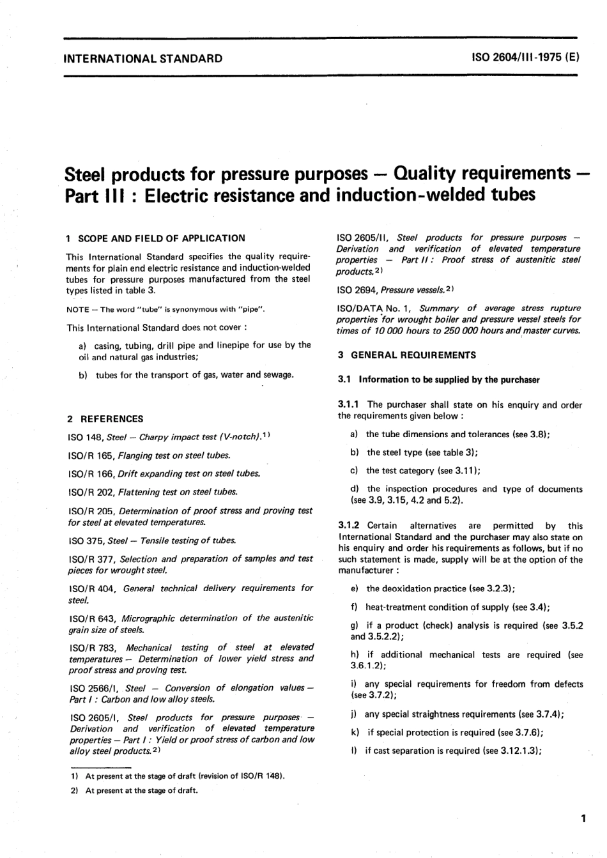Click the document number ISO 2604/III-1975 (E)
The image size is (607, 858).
[525, 57]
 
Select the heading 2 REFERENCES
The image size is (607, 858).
[105, 419]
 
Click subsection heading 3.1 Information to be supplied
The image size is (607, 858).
[438, 379]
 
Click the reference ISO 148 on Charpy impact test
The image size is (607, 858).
[172, 437]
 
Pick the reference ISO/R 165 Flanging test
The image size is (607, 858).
[149, 456]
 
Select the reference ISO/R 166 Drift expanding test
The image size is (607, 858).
[164, 473]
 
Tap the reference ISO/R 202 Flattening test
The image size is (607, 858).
[153, 492]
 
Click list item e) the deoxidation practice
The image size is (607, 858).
[434, 588]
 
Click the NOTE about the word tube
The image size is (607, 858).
[165, 310]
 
